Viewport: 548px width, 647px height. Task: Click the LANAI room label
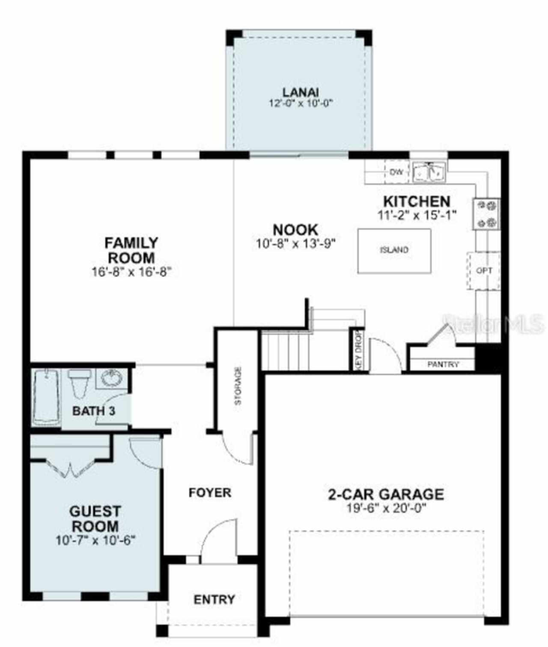301,92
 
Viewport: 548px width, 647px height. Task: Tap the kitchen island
394,250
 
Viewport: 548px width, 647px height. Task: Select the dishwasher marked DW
397,172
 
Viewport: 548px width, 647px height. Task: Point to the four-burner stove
487,214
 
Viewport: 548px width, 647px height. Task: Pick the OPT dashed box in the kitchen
484,271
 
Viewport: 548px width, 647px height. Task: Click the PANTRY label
443,364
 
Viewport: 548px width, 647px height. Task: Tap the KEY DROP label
358,350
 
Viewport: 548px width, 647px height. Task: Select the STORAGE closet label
238,385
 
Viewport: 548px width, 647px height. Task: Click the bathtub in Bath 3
47,398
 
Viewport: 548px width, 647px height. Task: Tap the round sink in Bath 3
112,379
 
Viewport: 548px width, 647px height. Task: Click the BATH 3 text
94,411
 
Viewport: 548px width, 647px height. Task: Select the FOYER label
210,493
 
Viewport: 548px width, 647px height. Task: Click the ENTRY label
214,600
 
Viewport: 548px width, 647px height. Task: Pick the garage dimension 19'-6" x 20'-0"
387,508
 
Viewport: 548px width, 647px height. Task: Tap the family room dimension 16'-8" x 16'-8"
131,272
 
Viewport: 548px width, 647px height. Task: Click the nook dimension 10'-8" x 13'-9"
295,244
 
